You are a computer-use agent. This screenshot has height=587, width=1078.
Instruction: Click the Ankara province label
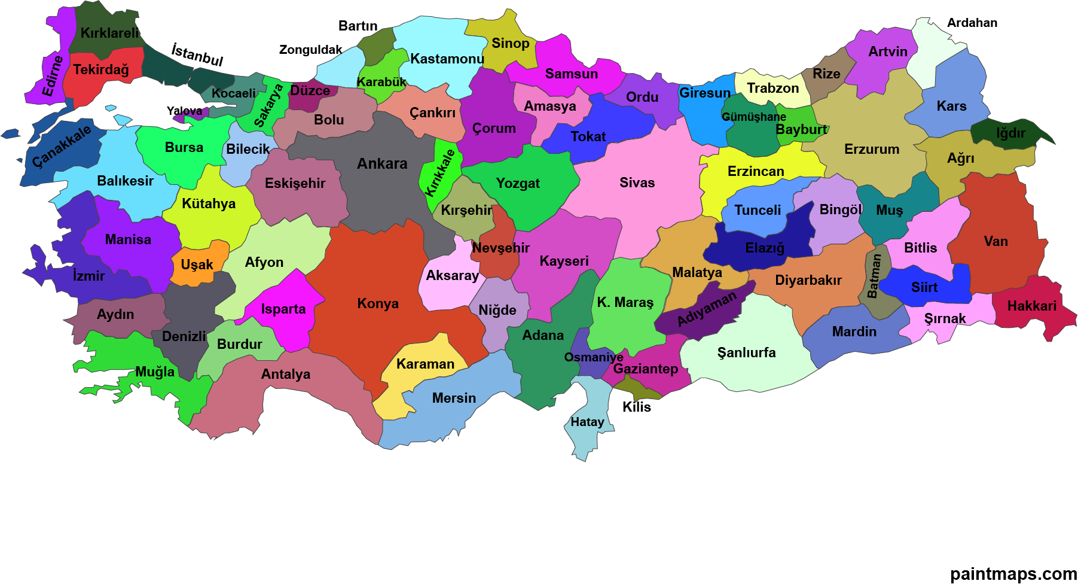[382, 163]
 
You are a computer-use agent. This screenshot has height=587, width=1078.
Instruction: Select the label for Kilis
[636, 407]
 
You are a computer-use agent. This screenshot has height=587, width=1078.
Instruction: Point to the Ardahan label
[972, 23]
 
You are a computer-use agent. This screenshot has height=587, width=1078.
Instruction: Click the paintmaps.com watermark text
[1013, 574]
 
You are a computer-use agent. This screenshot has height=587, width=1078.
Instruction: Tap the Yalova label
[184, 111]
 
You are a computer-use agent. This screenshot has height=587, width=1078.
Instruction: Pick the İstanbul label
[197, 54]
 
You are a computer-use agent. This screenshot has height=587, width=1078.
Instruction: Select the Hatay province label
[587, 422]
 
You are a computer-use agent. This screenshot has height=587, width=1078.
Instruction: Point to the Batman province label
[874, 276]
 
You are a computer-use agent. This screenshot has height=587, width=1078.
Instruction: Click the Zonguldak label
[310, 50]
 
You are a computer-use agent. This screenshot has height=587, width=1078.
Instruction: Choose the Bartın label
[358, 26]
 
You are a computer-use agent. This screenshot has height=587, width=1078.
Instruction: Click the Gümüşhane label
[753, 117]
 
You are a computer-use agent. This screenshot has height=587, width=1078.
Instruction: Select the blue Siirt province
[924, 287]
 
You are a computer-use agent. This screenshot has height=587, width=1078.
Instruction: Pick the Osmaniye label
[593, 357]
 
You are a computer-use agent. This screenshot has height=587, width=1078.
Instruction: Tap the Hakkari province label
[1031, 306]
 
